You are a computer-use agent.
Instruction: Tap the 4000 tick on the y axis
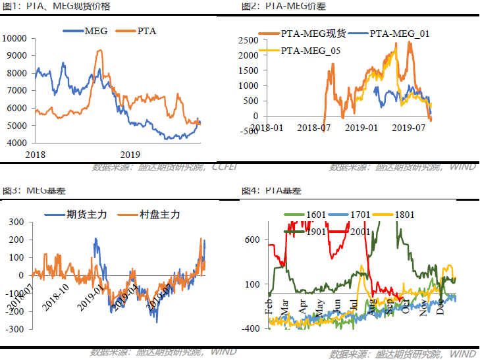[17, 143]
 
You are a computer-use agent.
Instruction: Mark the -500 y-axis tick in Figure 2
[249, 131]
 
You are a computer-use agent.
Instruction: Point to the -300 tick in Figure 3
[16, 328]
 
